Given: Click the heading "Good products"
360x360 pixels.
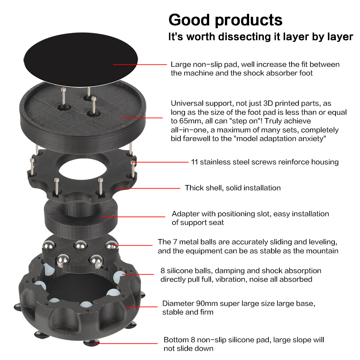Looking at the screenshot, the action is point(225,21).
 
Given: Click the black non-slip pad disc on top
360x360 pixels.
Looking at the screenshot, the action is point(81,59).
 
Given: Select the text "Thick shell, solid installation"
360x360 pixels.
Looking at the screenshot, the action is point(233,188).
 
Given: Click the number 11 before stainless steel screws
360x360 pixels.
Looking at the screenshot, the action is point(194,162).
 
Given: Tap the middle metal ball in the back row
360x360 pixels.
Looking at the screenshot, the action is point(80,245).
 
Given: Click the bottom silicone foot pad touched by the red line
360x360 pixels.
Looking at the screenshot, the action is point(91,343).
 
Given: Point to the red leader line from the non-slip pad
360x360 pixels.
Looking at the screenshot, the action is point(140,64).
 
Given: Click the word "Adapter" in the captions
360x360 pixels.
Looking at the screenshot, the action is point(185,214).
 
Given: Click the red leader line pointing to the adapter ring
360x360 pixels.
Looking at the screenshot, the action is point(133,216).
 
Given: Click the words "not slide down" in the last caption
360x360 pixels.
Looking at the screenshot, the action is point(189,348).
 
